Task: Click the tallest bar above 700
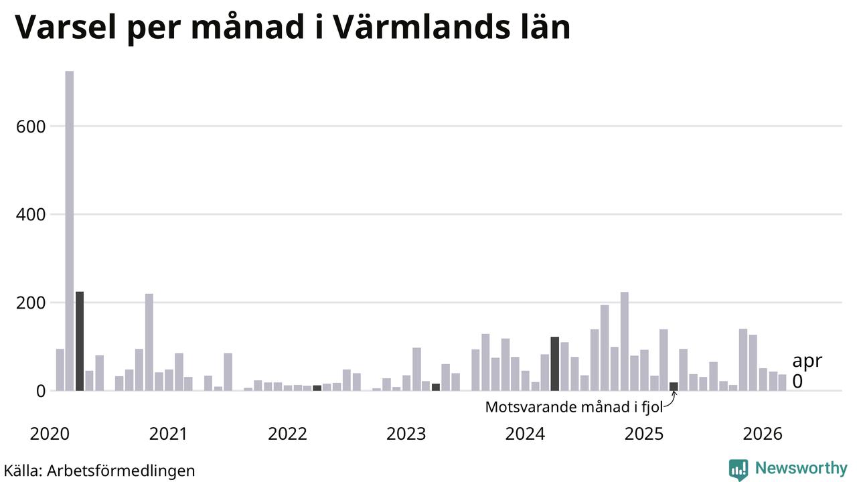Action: [70, 231]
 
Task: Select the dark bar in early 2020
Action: [80, 341]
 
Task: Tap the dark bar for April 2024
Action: [555, 364]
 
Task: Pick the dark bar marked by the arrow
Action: [674, 386]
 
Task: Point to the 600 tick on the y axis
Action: [31, 127]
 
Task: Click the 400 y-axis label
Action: [31, 215]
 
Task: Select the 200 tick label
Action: [31, 303]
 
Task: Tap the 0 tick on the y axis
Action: [41, 392]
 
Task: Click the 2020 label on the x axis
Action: [50, 434]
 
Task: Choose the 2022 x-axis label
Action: [288, 434]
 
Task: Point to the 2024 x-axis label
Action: [526, 434]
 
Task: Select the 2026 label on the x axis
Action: [763, 434]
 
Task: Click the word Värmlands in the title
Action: [422, 27]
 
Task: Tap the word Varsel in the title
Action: [66, 27]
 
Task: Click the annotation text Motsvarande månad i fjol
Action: [574, 407]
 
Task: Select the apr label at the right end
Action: [807, 361]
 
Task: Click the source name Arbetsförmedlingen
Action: [121, 471]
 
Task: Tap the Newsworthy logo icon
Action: [738, 470]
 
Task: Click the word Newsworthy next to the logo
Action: [801, 468]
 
